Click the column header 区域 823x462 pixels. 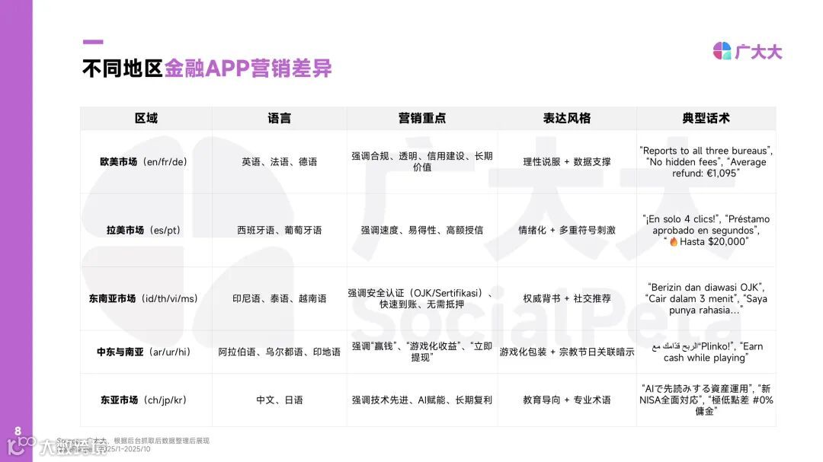146,118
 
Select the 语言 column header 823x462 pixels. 280,118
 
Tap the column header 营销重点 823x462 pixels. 421,118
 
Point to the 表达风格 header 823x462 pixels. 566,118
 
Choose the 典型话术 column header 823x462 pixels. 706,118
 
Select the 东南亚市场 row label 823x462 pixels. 143,298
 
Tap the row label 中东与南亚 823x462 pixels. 143,352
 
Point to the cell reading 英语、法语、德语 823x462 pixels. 280,162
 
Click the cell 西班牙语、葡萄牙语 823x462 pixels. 280,230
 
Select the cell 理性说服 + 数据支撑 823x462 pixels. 566,162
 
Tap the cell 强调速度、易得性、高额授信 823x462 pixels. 421,230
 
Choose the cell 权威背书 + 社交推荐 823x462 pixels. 566,298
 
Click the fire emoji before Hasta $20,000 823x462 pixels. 674,242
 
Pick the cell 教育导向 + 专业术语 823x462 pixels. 566,400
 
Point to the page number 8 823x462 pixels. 18,430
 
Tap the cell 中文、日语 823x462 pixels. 280,400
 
